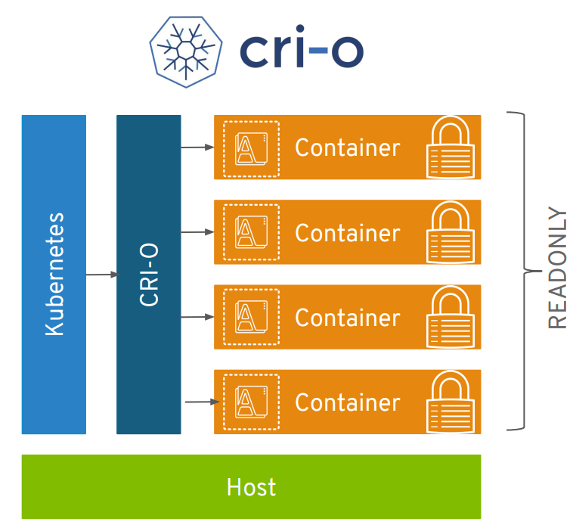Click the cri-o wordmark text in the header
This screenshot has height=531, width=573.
pos(302,51)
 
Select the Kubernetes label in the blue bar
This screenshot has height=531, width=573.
pos(54,274)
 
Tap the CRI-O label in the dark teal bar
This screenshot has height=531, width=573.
pos(149,274)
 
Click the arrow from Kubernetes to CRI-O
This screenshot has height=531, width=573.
pos(101,275)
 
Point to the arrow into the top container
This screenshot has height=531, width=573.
pos(197,147)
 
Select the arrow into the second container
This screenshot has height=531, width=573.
pos(197,232)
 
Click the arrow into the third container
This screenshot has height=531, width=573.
pos(197,317)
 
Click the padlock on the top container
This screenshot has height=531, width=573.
pos(451,147)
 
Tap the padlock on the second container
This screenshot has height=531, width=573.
pos(451,232)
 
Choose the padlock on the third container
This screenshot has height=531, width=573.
pos(451,317)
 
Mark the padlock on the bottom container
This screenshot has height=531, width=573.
pos(451,402)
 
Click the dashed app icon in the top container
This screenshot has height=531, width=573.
pos(250,148)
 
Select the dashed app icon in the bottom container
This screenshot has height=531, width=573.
pos(250,402)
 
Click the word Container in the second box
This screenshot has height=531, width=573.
pos(347,233)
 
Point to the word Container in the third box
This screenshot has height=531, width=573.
pos(347,318)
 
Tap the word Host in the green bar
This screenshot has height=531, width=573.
pos(251,487)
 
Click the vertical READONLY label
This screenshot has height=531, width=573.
pos(557,268)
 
